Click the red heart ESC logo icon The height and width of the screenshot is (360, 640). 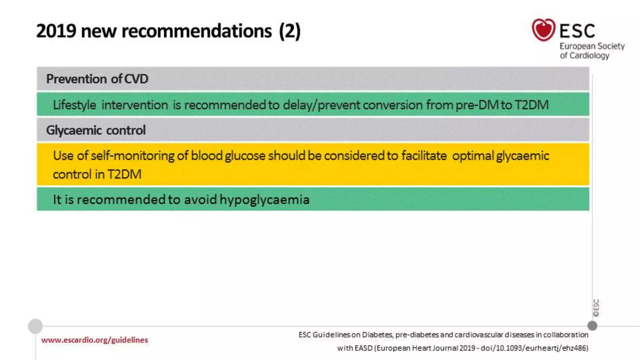[543, 30]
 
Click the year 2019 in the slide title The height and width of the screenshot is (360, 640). [56, 31]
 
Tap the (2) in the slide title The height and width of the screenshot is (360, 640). [290, 31]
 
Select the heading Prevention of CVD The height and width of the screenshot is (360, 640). [97, 79]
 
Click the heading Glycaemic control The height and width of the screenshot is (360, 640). [96, 130]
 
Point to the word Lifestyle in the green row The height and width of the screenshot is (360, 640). [74, 105]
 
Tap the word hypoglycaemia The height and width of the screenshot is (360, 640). [264, 200]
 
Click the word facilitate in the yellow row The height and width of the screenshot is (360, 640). [424, 156]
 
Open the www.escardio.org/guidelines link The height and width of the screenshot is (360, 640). [94, 340]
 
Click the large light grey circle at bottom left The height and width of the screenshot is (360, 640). [35, 326]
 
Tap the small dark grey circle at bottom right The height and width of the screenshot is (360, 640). [592, 326]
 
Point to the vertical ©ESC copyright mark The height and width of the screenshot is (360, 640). [596, 308]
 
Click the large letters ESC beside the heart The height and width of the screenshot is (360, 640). [577, 31]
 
